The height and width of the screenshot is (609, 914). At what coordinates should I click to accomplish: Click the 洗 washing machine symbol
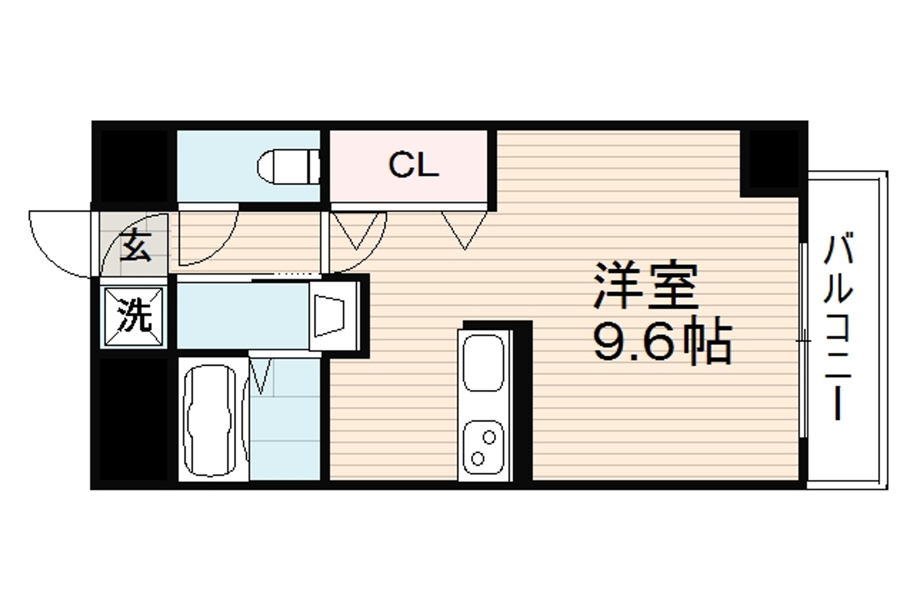coord(134,317)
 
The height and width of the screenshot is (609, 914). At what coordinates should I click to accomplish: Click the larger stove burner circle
coord(478,459)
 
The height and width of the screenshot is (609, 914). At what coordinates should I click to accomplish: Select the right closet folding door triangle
coord(464,229)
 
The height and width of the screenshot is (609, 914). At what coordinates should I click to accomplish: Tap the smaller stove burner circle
coord(489,437)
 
